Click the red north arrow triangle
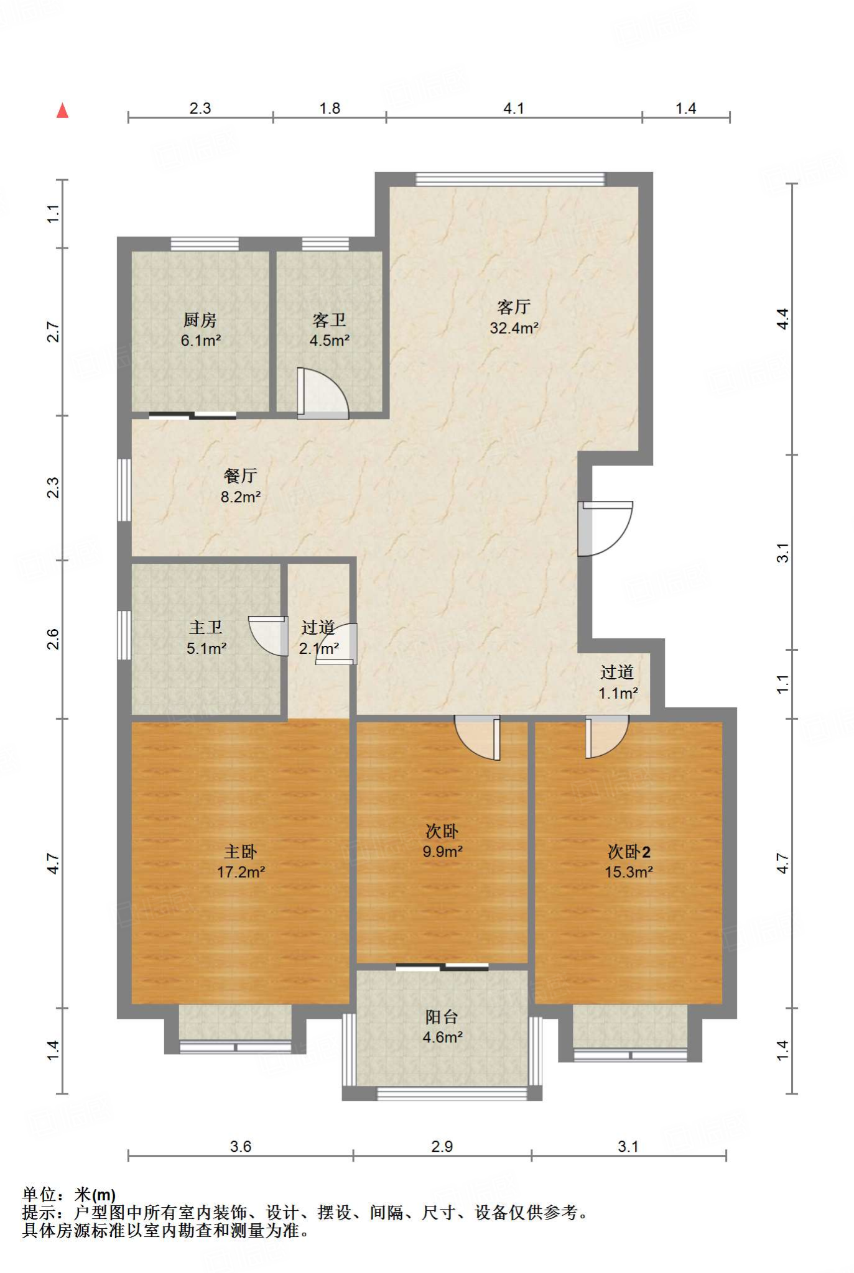tap(62, 111)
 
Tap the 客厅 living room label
tap(514, 306)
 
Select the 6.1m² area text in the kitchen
tap(201, 341)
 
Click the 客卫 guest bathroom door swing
tap(322, 393)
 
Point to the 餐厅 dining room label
tap(240, 476)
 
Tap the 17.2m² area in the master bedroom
tap(241, 872)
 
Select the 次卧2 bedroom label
tap(629, 852)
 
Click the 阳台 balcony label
tap(442, 1017)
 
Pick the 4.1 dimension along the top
tap(514, 108)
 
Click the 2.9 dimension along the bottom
tap(442, 1146)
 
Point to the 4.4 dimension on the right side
tap(782, 319)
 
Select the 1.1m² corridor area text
tap(618, 693)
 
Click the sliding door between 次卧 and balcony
tap(442, 967)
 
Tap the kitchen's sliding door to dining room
tap(193, 415)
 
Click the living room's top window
tap(510, 179)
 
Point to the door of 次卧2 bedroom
tap(607, 737)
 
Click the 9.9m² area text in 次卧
tap(442, 852)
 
